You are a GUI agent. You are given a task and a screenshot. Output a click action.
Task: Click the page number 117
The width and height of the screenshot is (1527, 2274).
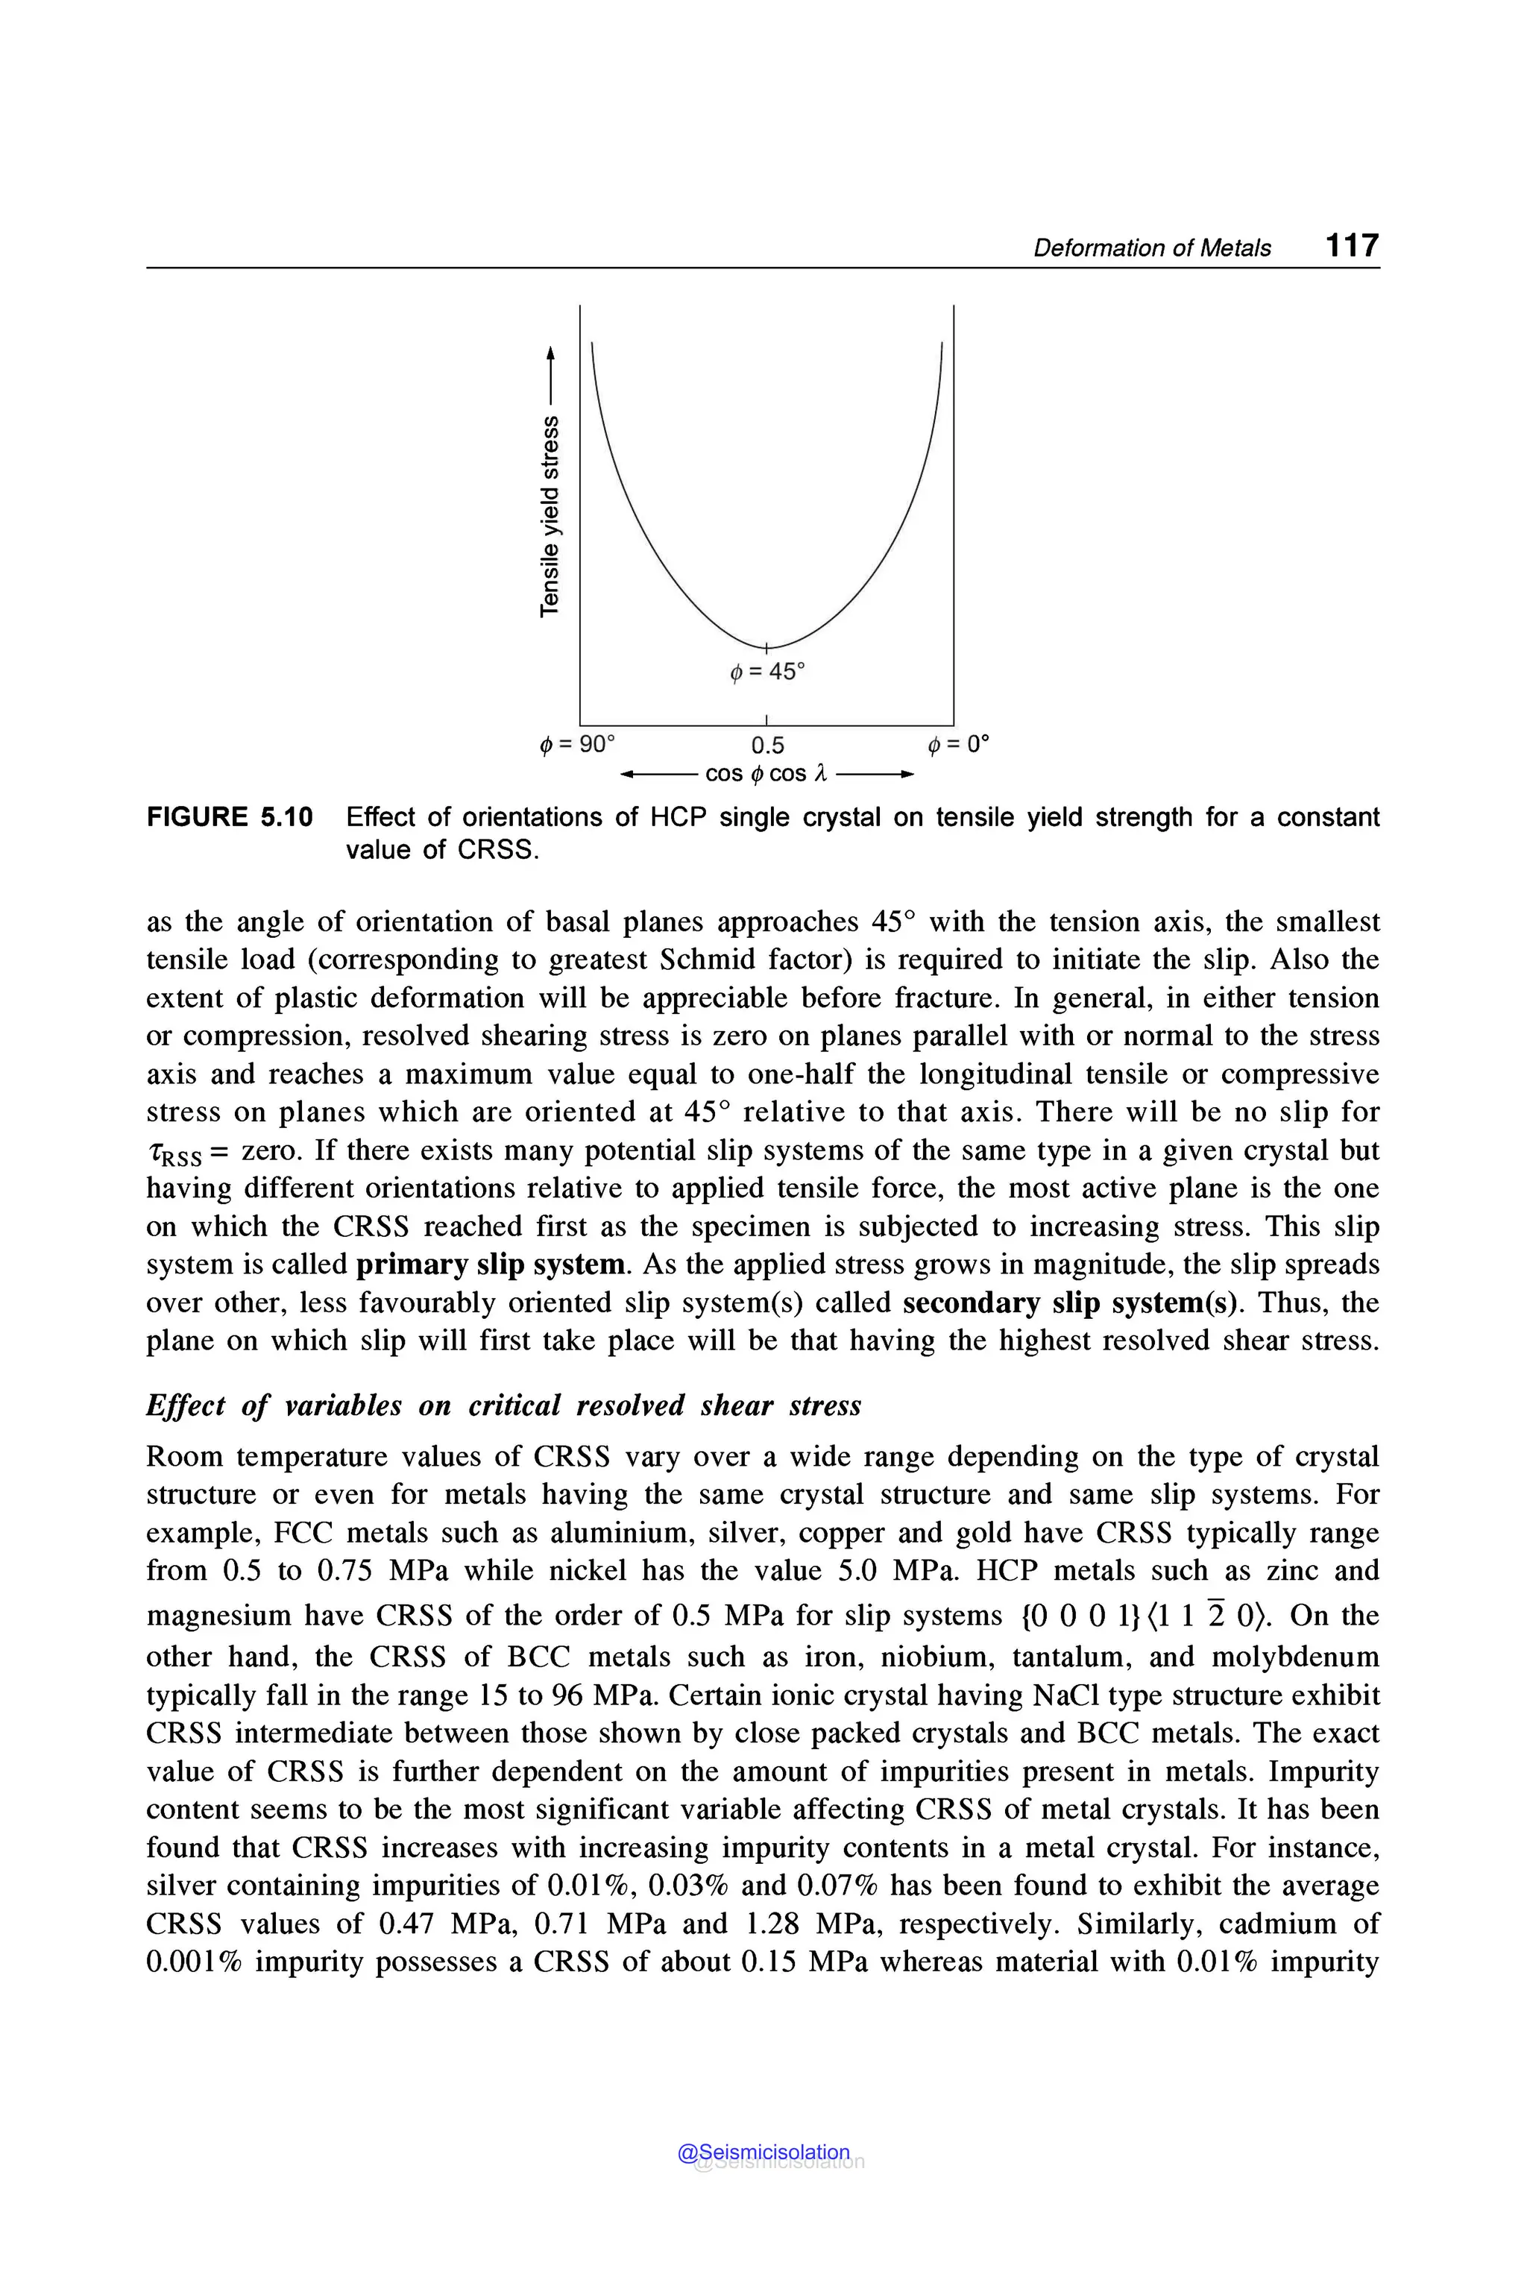point(1352,245)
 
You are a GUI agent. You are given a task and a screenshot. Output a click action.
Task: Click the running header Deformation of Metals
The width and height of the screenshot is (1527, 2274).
point(1151,248)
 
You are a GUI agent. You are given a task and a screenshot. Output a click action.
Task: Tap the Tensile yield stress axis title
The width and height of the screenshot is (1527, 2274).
point(550,516)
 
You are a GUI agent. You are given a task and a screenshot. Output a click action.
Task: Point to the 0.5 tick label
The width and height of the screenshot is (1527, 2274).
point(767,746)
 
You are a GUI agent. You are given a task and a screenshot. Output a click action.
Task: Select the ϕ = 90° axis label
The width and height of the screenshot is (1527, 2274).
point(578,745)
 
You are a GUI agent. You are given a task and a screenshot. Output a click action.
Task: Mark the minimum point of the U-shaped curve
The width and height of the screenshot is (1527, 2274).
point(767,646)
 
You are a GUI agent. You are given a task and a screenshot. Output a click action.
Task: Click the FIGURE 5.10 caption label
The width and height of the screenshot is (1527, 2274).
point(230,817)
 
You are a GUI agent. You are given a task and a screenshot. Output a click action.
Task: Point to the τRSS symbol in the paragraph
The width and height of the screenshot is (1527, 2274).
point(175,1154)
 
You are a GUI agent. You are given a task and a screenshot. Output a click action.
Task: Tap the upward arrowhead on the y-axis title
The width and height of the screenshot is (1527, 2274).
point(550,352)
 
